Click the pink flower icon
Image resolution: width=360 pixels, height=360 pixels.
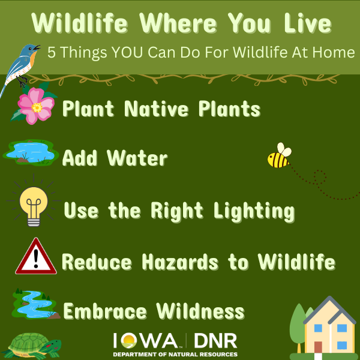tap(36, 105)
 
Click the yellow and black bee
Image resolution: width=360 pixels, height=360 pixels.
tap(279, 156)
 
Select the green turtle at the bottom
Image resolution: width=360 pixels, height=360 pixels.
tap(33, 346)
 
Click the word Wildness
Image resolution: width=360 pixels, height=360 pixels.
tap(200, 311)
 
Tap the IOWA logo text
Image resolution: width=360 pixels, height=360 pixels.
tap(146, 341)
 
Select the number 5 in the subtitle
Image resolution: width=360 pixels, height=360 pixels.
tap(52, 53)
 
